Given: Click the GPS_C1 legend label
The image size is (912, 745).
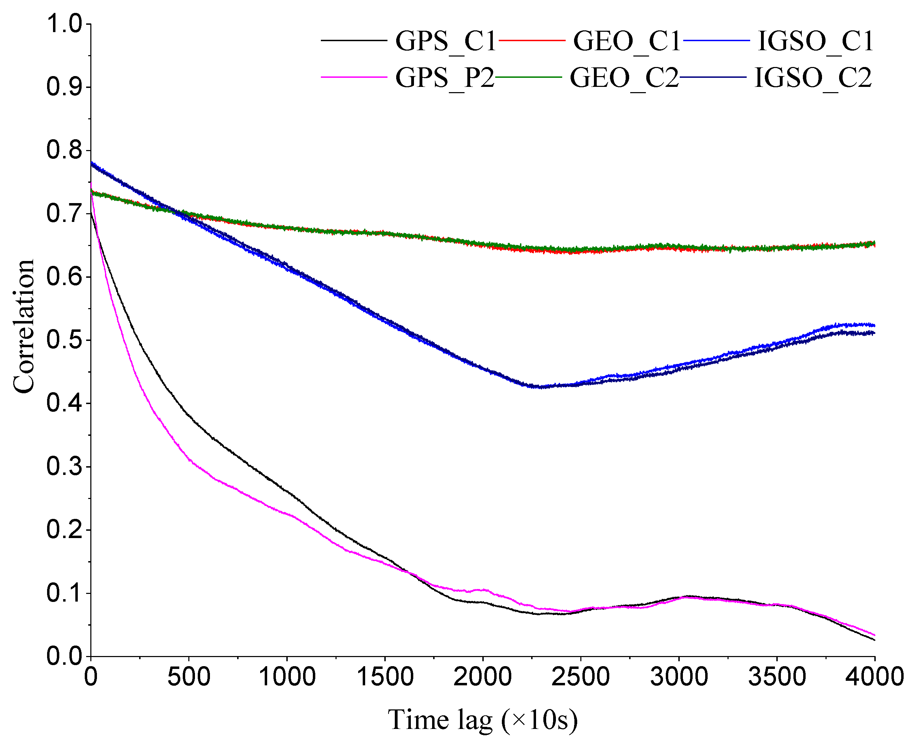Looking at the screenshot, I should (445, 42).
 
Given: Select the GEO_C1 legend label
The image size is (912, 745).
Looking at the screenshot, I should (627, 42).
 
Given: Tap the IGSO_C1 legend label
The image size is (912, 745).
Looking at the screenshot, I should (815, 42).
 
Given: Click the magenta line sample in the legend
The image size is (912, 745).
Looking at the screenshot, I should (354, 77).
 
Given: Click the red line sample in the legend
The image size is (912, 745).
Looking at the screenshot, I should (532, 40).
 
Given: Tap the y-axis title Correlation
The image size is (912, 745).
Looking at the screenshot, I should (24, 326).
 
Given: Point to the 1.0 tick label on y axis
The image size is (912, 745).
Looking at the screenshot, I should (65, 24).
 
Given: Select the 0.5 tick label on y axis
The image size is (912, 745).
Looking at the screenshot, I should (65, 340).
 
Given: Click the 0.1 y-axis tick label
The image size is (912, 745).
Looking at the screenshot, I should (65, 593).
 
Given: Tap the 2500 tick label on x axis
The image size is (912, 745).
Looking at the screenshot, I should (580, 677).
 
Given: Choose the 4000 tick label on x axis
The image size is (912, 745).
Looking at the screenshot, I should (874, 677).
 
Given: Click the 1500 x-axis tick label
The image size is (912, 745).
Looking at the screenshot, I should (385, 677).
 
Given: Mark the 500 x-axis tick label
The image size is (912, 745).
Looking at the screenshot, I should (189, 677).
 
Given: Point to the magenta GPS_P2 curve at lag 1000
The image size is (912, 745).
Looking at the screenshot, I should (287, 514).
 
